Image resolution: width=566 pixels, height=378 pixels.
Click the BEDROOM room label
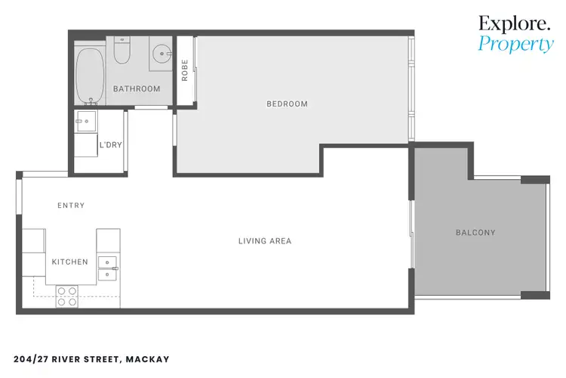click(287, 104)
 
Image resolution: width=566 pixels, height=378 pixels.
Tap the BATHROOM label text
click(137, 89)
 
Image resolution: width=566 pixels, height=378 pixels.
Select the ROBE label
click(185, 70)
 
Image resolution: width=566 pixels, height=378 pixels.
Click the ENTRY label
click(71, 206)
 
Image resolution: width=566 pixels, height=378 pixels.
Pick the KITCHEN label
click(69, 262)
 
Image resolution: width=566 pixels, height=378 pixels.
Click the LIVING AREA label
click(265, 242)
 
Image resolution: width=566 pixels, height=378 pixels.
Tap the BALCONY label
click(475, 233)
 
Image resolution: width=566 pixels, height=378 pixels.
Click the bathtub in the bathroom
click(90, 76)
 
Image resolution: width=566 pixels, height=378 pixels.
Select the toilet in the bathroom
click(122, 51)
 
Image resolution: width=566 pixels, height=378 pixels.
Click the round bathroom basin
click(161, 53)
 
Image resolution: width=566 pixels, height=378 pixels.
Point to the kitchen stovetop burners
click(66, 296)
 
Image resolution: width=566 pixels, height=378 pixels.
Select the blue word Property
click(515, 45)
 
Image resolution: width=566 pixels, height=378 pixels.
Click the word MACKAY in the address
click(147, 359)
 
